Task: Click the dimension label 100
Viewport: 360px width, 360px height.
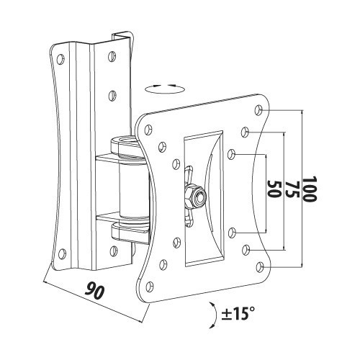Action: coord(310,189)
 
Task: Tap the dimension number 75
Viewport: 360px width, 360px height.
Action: coord(292,189)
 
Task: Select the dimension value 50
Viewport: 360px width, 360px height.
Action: coord(274,189)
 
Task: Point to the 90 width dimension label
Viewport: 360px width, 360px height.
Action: coord(94,291)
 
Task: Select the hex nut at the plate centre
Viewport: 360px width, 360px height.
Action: coord(196,196)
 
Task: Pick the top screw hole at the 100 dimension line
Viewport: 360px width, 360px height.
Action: coord(258,109)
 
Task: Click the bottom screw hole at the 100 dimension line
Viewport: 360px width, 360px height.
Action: coord(259,267)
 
